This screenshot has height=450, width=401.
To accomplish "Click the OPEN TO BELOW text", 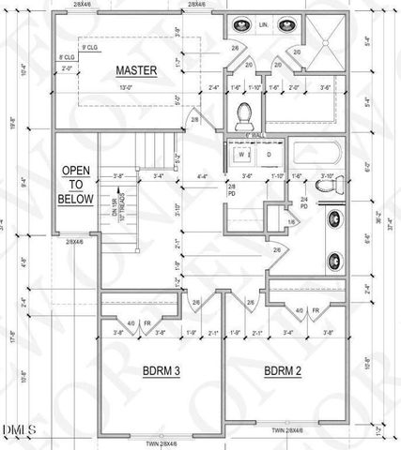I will [77, 185].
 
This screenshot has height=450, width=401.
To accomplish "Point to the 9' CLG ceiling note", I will [91, 47].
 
